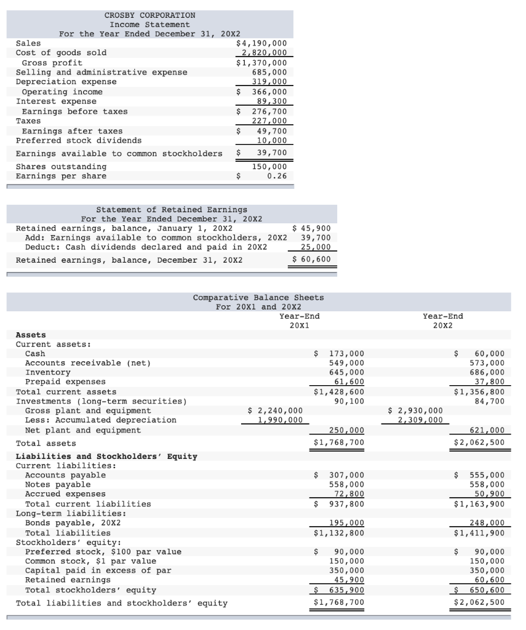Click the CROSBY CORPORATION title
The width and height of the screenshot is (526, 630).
(x=149, y=15)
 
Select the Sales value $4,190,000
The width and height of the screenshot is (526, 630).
(x=261, y=43)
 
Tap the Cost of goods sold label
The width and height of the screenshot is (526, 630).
(x=61, y=53)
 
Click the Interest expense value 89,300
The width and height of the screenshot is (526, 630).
(x=271, y=102)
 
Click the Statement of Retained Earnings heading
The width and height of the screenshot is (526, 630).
(x=172, y=210)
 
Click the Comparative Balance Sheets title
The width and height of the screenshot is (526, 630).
(x=258, y=298)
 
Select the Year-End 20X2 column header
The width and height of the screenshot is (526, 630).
(x=443, y=321)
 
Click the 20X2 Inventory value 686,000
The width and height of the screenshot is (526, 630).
(x=487, y=373)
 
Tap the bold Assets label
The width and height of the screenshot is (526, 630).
(x=30, y=335)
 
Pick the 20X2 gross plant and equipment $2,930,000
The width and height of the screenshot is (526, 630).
(x=416, y=410)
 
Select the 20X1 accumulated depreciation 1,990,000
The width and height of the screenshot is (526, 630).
(x=280, y=420)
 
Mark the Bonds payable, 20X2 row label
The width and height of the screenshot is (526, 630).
(x=73, y=523)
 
